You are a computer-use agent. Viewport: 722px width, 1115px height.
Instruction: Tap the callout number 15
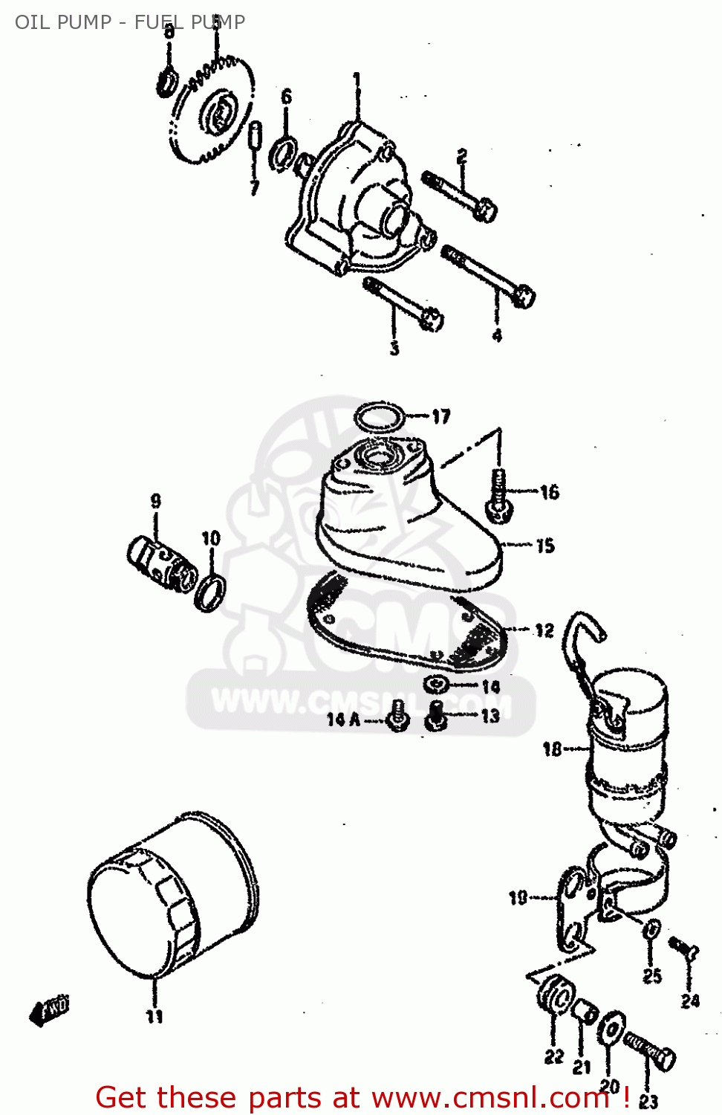coord(545,546)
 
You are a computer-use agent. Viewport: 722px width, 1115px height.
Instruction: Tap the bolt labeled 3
coord(403,303)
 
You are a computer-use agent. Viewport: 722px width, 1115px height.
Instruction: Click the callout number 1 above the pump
coord(357,80)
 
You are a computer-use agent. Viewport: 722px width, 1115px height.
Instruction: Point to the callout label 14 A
coord(343,720)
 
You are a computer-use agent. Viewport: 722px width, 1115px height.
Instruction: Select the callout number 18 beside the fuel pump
coord(552,749)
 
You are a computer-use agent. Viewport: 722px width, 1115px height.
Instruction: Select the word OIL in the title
coord(31,22)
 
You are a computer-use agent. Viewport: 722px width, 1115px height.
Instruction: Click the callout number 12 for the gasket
coord(544,630)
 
